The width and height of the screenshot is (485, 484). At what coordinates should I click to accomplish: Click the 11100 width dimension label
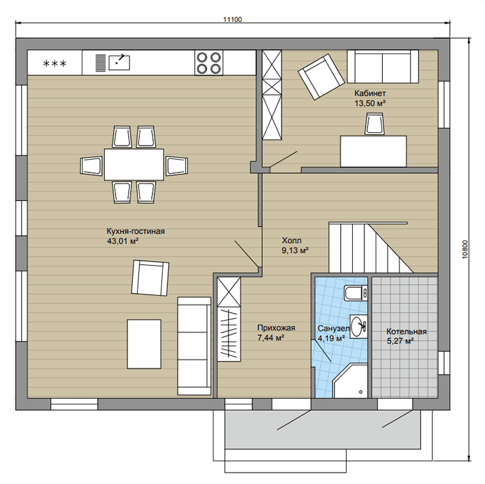coord(232,19)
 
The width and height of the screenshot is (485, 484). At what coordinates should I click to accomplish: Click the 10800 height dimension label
coord(465,250)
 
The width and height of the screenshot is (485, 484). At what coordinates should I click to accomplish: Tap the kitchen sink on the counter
coord(119,63)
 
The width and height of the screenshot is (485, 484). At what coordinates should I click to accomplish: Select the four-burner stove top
coord(209,63)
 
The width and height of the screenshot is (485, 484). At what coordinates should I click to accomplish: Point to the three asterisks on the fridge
coord(55,64)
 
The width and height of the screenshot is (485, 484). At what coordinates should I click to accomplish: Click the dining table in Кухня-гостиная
coord(134,164)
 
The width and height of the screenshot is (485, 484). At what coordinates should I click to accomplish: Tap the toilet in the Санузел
coord(355,292)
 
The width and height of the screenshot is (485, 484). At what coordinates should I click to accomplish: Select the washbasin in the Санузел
coord(359,326)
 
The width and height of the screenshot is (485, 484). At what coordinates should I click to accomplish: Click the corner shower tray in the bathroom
coord(350,381)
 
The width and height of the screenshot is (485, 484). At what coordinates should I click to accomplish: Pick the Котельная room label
coord(407,332)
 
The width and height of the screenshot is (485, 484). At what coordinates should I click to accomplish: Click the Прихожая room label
coord(276,328)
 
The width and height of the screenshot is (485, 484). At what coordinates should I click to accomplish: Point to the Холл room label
coord(292,241)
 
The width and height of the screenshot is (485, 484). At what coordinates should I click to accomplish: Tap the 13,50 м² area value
coord(370,103)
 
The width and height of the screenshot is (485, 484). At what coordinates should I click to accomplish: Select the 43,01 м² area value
coord(123,241)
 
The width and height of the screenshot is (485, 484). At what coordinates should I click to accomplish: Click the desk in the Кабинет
coord(373,151)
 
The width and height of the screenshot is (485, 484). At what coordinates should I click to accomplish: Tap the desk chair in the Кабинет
coord(374,123)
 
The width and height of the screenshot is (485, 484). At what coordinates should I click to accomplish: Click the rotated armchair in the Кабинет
coord(322,77)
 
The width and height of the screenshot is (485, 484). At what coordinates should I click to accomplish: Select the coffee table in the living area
coord(144,344)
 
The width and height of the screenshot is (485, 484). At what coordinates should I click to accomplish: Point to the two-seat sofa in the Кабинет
coord(383,66)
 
